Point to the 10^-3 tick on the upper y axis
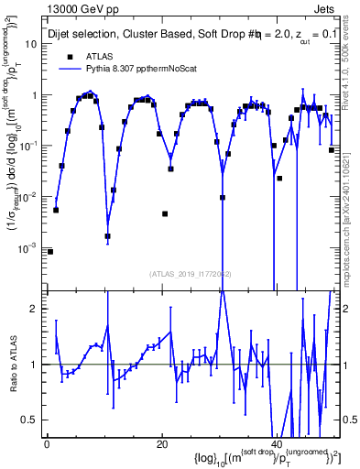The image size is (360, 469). [x=33, y=247]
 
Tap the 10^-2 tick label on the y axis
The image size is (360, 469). [x=33, y=196]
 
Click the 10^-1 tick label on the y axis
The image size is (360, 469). [x=33, y=145]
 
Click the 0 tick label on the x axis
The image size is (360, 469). [x=47, y=443]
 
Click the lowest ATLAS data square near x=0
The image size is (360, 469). [x=50, y=251]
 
